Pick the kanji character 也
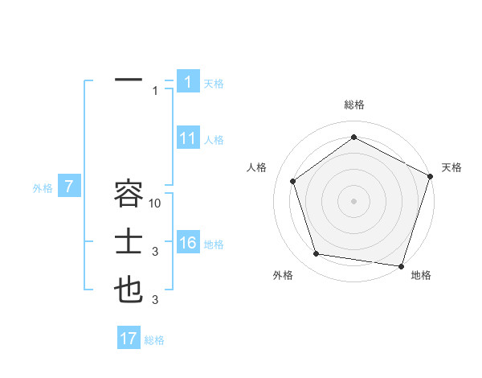point(129,290)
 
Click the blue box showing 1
point(187,82)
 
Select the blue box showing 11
point(187,138)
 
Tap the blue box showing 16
point(187,244)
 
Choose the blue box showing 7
point(69,187)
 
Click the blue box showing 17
point(129,339)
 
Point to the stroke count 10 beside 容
point(156,203)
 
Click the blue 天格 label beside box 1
point(214,83)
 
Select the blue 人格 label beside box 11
point(214,140)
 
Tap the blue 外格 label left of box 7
point(43,188)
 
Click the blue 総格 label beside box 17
point(154,340)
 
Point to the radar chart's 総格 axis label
point(354,105)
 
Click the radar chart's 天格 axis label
point(451,167)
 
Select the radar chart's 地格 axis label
point(421,276)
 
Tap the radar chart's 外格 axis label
point(283,276)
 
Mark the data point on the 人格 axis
point(293,181)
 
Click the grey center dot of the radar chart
point(354,200)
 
